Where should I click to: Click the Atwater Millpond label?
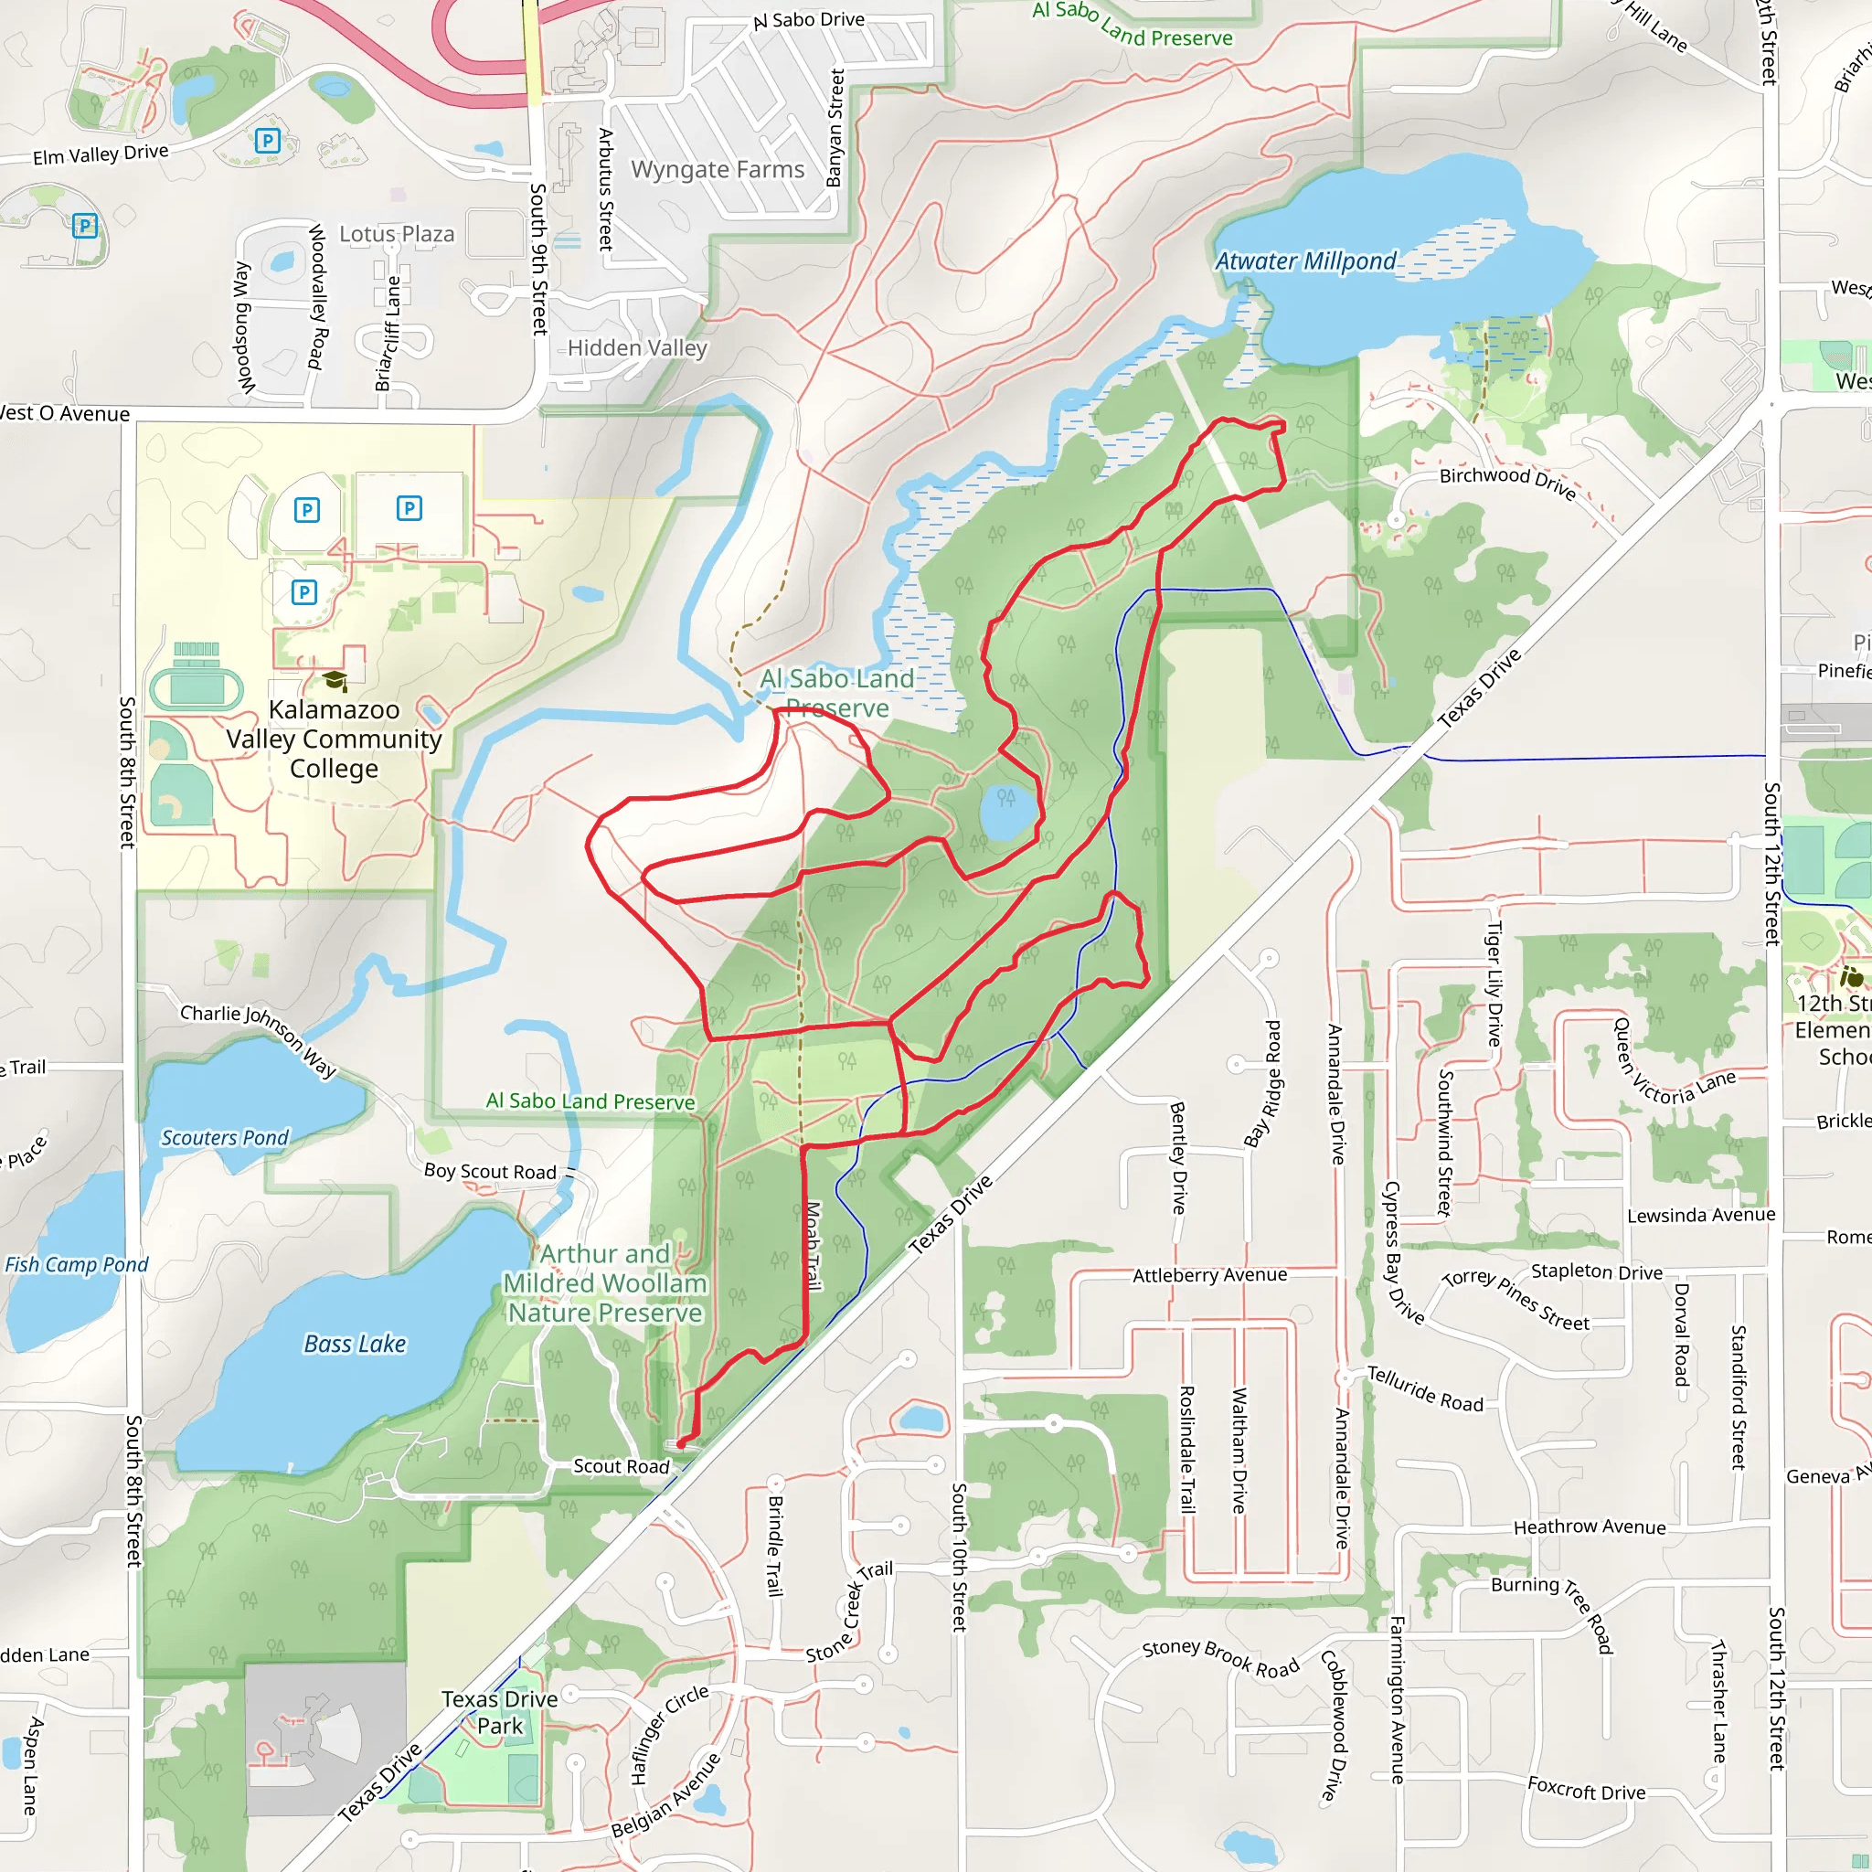click(1305, 261)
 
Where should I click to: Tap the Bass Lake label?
click(355, 1344)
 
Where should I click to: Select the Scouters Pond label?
click(225, 1137)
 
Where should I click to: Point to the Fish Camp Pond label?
click(77, 1264)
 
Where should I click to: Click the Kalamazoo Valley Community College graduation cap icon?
click(335, 680)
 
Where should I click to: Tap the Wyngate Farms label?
click(717, 170)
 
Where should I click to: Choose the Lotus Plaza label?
click(397, 235)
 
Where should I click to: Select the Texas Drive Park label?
click(499, 1712)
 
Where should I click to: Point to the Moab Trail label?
click(814, 1246)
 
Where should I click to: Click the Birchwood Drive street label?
click(1507, 481)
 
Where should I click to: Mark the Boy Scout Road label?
click(490, 1172)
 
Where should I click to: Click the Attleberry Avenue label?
click(1209, 1275)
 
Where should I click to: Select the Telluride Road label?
click(1424, 1389)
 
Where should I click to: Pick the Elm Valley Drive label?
click(101, 154)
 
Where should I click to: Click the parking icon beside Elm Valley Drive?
click(268, 141)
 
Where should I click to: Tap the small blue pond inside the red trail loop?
click(1007, 813)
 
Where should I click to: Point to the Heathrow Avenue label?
click(1589, 1527)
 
